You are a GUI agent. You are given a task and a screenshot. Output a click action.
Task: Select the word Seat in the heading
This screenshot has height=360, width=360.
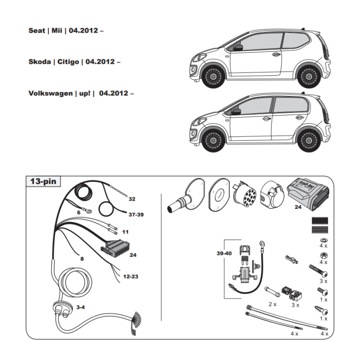click(x=37, y=30)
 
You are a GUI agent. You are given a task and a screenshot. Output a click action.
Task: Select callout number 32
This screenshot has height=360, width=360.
click(x=132, y=199)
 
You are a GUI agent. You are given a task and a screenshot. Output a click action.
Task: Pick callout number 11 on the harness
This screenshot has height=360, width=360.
click(x=125, y=232)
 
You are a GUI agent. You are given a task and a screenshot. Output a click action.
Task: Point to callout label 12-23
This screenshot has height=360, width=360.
click(x=131, y=276)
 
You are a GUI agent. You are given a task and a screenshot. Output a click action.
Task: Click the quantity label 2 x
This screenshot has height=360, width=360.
click(x=273, y=304)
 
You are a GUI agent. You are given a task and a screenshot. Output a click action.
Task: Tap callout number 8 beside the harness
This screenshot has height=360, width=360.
click(x=82, y=259)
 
